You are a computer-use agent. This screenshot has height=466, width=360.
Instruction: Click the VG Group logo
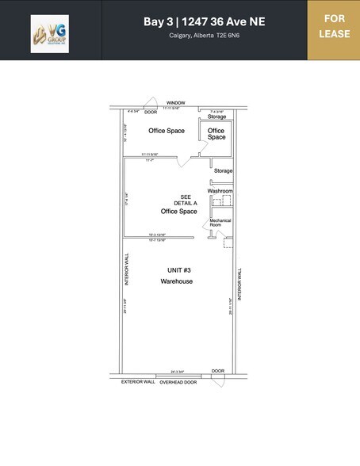pos(50,34)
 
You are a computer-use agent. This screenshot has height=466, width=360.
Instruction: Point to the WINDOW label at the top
pos(175,102)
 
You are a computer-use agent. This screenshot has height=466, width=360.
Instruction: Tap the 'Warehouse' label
pos(176,281)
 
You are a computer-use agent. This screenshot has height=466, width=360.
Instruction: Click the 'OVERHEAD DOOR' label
pos(178,382)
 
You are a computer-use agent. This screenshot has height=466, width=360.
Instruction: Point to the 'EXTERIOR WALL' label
pos(138,382)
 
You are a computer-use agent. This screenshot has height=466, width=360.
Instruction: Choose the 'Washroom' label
pos(220,191)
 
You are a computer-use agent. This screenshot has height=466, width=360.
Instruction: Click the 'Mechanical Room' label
pos(220,223)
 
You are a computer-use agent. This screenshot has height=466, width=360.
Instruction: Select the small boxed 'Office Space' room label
pos(216,134)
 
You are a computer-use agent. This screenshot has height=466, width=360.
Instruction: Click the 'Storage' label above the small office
pos(217,116)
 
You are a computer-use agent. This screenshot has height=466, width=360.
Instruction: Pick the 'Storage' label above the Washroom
pos(223,170)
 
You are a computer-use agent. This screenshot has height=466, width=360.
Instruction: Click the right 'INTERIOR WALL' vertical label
pos(240,281)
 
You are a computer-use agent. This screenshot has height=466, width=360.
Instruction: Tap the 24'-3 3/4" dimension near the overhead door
pos(177,371)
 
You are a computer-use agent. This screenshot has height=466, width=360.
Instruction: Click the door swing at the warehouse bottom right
pos(217,380)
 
